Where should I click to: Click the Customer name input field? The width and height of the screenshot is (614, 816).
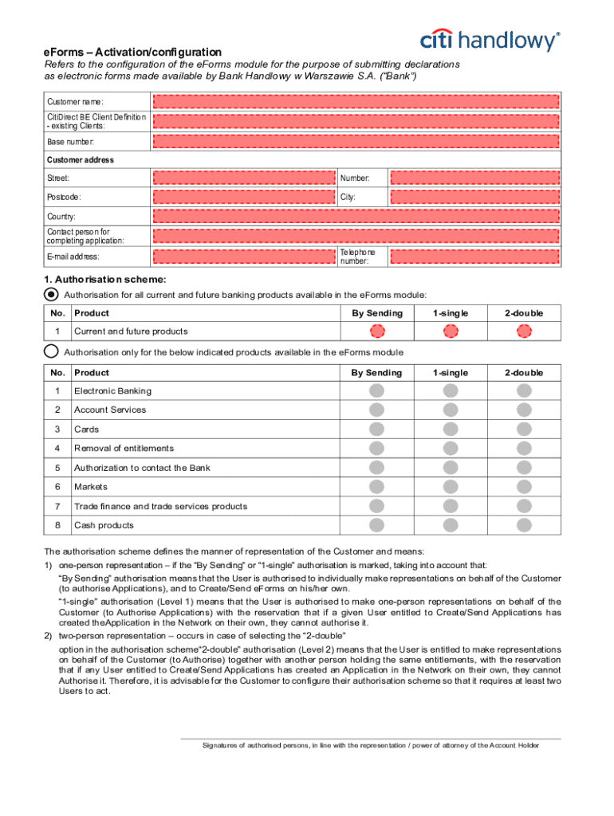pos(356,102)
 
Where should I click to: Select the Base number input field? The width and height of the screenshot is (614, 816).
pos(356,141)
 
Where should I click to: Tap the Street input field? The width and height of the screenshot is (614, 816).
pos(243,178)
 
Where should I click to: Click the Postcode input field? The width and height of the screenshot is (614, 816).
pos(243,197)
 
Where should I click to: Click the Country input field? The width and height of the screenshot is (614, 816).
pos(356,217)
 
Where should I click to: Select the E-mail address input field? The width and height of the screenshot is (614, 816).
pos(243,257)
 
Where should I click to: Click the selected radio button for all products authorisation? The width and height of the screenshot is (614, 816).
pos(51,294)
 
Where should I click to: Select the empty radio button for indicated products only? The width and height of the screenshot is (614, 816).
pos(51,351)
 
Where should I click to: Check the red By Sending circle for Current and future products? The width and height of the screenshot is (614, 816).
pos(377,331)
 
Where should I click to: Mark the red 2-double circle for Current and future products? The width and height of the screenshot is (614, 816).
pos(523,331)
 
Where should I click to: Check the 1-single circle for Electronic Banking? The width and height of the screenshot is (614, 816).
pos(451,390)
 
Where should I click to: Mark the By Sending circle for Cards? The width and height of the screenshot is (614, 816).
pos(377,429)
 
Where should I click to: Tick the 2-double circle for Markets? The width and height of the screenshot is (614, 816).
pos(523,487)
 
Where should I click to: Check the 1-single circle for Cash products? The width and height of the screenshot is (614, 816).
pos(451,525)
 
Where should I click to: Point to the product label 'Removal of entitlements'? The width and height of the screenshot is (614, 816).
pos(124,449)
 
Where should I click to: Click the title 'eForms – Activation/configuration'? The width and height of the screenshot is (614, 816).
pos(132,51)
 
